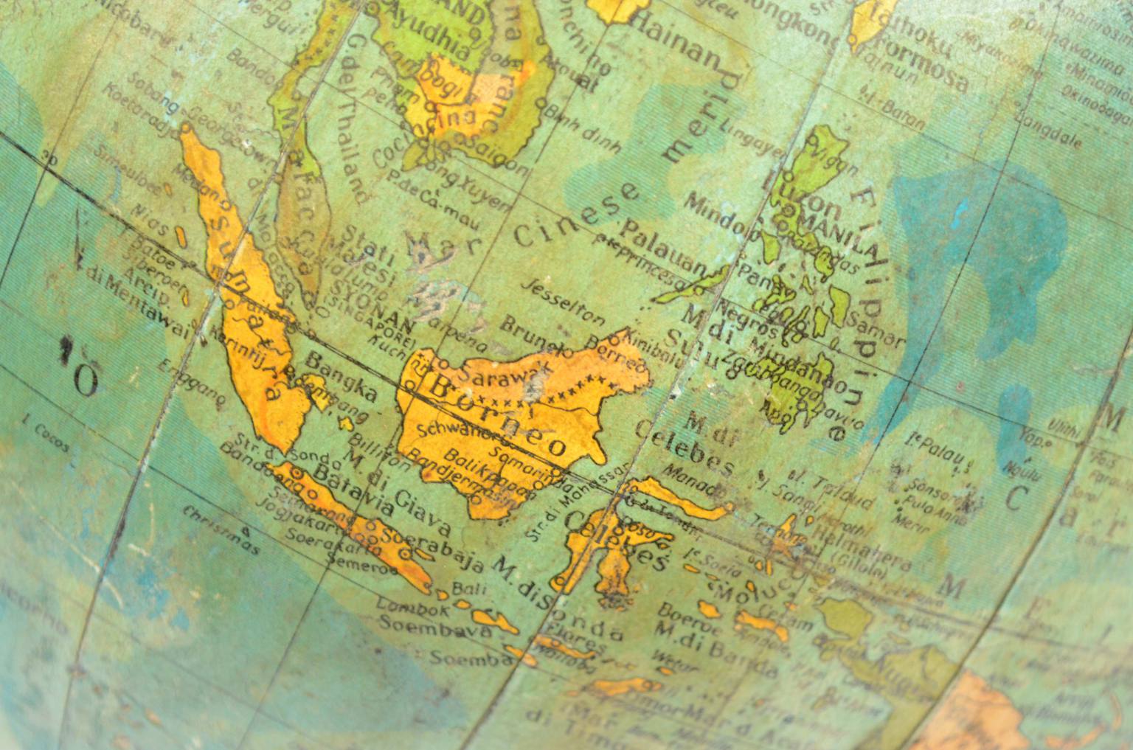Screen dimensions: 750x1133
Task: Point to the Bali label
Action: pos(462,587)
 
